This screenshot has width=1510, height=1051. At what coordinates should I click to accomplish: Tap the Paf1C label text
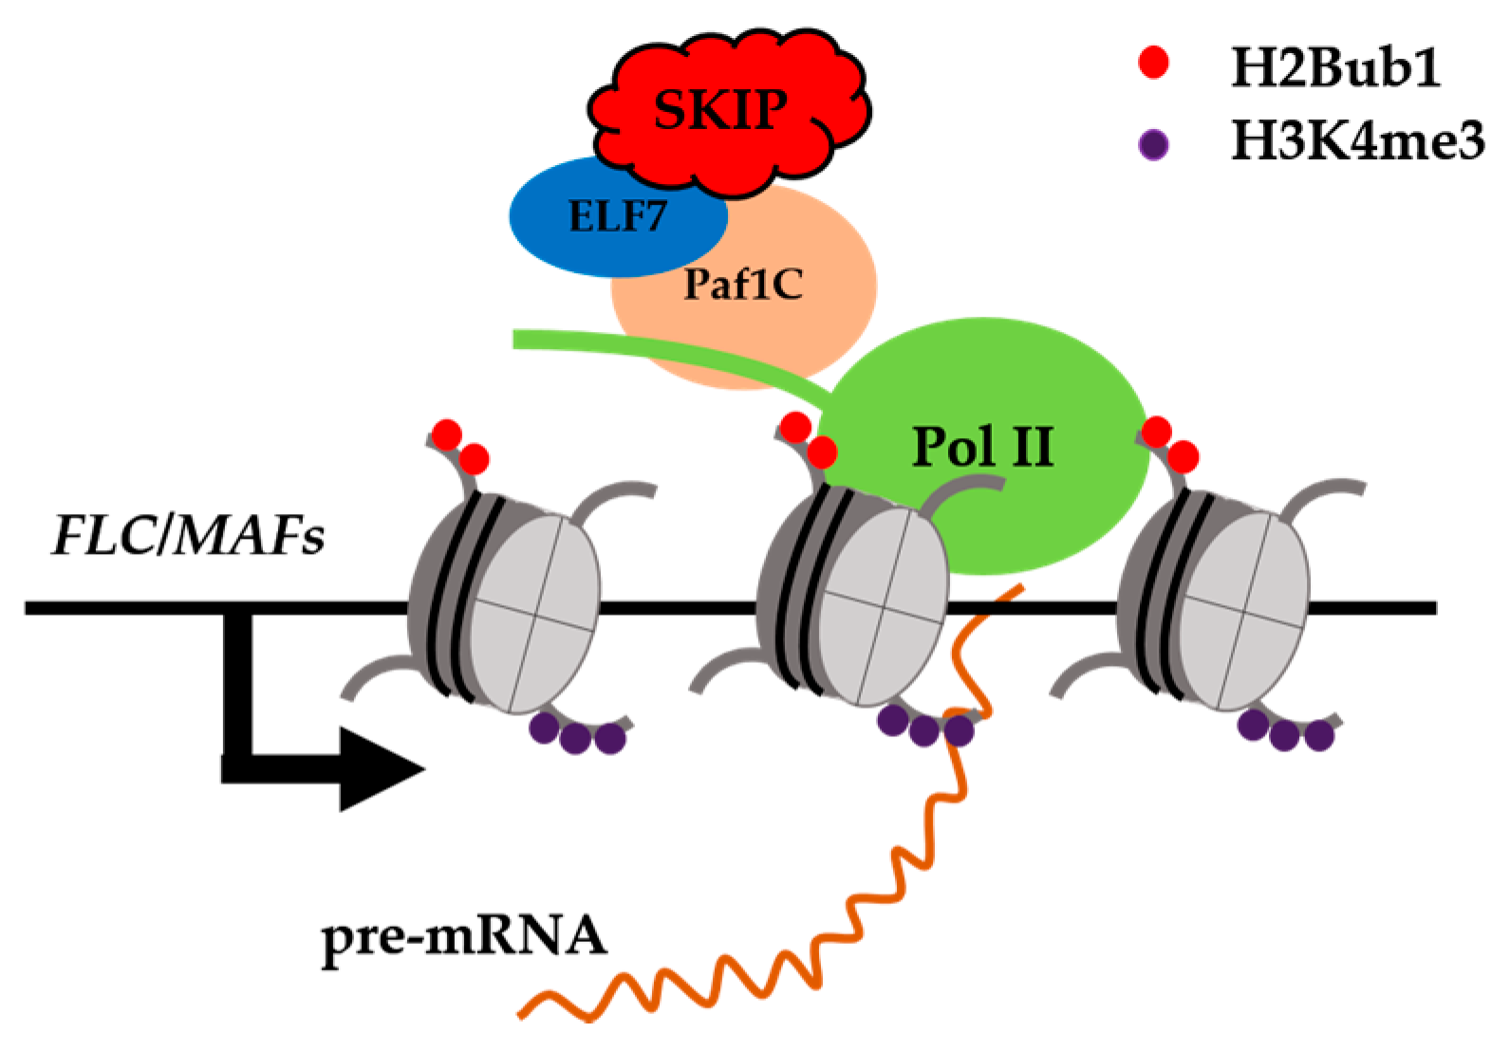(743, 285)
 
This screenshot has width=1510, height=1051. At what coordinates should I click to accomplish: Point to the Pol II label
(982, 447)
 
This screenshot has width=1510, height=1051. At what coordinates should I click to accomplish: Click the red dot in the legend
(1153, 62)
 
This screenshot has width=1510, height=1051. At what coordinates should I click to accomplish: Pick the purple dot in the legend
(1153, 144)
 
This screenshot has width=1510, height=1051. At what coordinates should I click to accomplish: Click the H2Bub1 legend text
(1335, 67)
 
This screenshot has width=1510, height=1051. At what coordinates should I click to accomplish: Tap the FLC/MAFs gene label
(188, 536)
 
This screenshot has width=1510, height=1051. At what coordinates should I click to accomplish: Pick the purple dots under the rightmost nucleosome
(1285, 731)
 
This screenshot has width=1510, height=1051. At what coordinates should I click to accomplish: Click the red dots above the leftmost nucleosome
(460, 447)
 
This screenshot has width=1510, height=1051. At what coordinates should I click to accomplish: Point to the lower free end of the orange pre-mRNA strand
(520, 1015)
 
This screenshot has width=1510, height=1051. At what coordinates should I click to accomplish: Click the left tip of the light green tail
(515, 339)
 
